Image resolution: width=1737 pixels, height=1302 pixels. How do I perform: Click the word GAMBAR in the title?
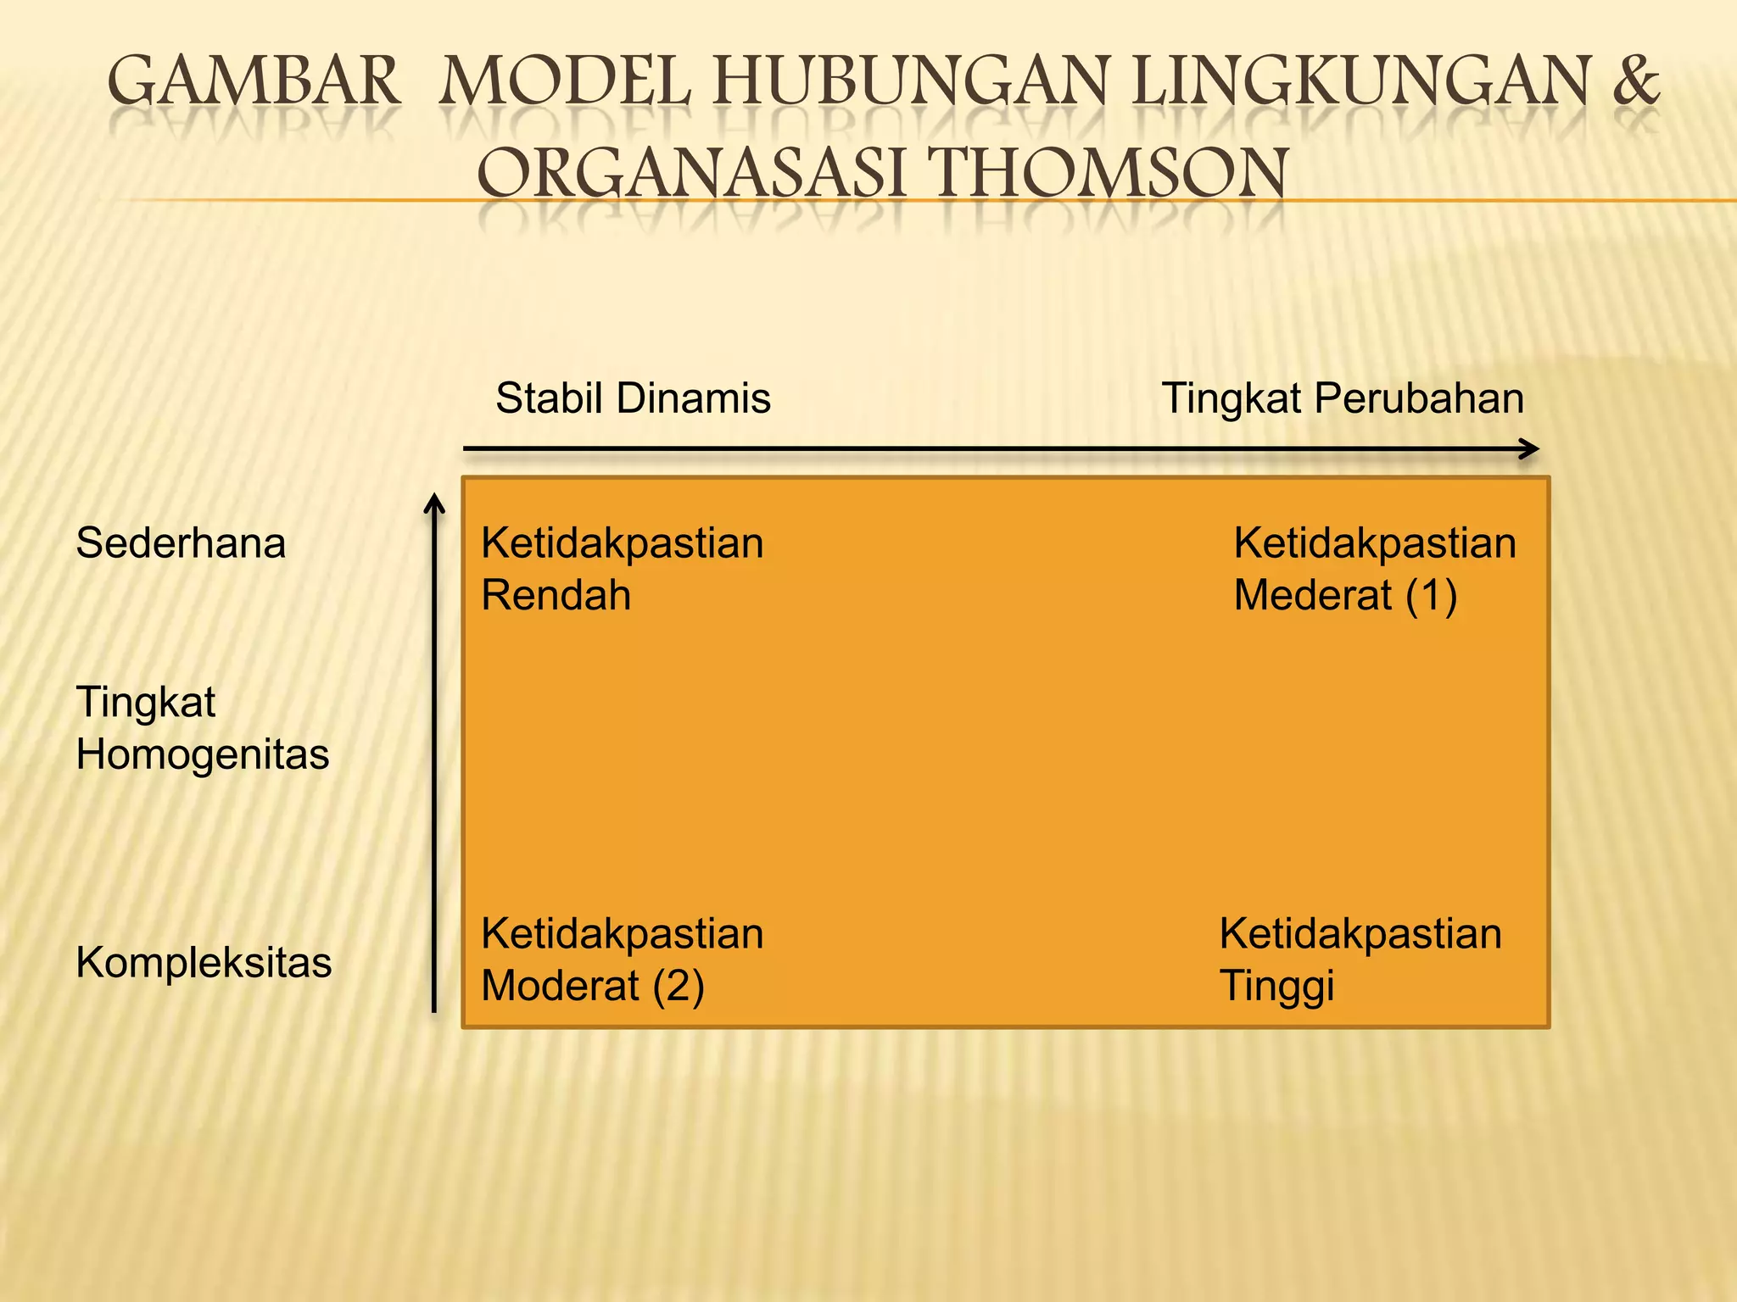[x=253, y=81]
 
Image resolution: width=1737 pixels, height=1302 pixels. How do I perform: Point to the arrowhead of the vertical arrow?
[x=434, y=504]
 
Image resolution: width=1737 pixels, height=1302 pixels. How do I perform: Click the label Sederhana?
[x=181, y=542]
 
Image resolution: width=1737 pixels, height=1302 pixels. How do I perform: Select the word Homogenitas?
[x=203, y=754]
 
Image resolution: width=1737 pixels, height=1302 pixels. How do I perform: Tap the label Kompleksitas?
[x=204, y=962]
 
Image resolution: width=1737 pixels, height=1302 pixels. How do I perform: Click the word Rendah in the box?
[x=556, y=594]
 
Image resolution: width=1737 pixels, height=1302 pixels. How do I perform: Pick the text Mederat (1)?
[x=1345, y=594]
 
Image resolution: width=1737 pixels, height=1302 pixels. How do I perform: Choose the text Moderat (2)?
[x=592, y=985]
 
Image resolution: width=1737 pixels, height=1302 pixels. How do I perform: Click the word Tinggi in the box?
[x=1276, y=985]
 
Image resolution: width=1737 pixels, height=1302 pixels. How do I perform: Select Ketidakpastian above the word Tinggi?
[x=1360, y=933]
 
